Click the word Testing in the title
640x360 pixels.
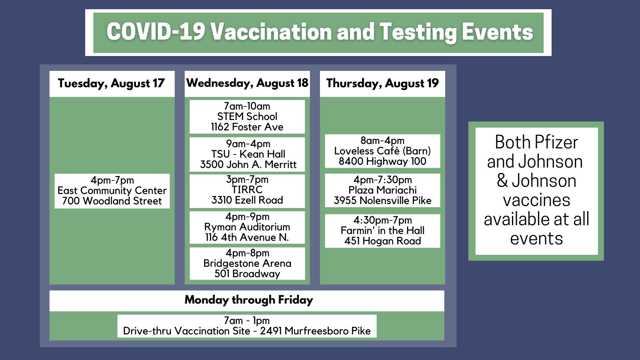(418, 32)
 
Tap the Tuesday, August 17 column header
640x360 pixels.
(112, 84)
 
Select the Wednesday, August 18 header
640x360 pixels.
(248, 83)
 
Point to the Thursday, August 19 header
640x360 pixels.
(382, 84)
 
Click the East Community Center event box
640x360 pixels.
(112, 191)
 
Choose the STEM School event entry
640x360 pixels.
(247, 116)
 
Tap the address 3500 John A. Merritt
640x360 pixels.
(248, 164)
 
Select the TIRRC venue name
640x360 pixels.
(247, 190)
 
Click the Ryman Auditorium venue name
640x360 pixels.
(247, 227)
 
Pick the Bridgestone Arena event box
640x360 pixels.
(248, 264)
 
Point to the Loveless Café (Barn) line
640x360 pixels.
(382, 151)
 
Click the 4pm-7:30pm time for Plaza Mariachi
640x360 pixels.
(382, 180)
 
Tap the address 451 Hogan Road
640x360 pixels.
(382, 241)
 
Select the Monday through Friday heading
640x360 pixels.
(249, 300)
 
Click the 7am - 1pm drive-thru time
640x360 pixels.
(247, 320)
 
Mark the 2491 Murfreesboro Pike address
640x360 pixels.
(316, 331)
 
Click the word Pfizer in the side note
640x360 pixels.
(556, 142)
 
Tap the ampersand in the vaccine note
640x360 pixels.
(502, 180)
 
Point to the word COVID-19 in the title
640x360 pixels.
(156, 32)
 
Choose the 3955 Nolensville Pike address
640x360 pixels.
(382, 200)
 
